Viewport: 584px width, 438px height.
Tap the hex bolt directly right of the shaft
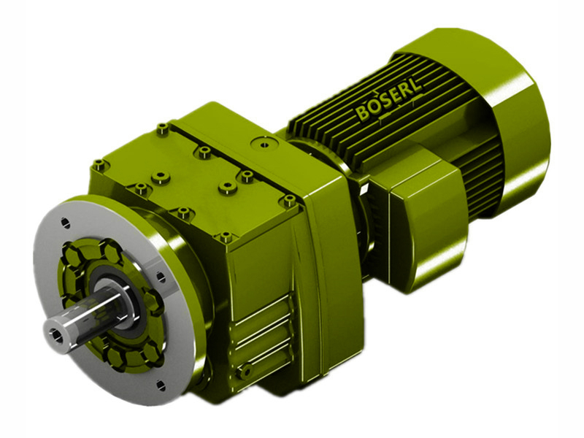click(154, 301)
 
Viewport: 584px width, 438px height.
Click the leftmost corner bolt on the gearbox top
click(99, 165)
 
